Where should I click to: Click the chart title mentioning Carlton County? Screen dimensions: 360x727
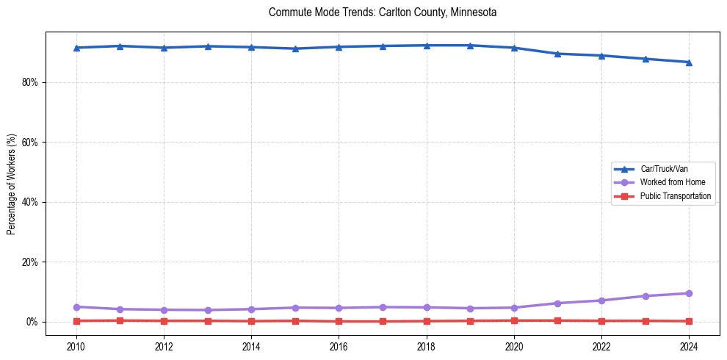coord(383,12)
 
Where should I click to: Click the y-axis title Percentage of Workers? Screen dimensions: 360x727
coord(11,184)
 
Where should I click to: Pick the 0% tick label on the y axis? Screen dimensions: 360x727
coord(32,322)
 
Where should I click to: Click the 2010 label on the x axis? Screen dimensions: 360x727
coord(76,346)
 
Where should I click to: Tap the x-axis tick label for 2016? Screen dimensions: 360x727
coord(339,346)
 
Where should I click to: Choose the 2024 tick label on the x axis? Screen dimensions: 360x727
coord(689,346)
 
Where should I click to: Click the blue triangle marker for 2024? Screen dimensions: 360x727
coord(689,62)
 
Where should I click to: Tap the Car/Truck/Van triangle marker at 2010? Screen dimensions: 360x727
coord(76,48)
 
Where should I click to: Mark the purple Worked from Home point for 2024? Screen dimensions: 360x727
coord(689,293)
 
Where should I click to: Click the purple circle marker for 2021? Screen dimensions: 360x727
coord(557,303)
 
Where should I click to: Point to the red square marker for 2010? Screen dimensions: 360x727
coord(76,320)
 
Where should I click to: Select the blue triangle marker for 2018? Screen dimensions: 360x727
coord(427,46)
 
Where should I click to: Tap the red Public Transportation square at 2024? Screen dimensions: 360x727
coord(689,321)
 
